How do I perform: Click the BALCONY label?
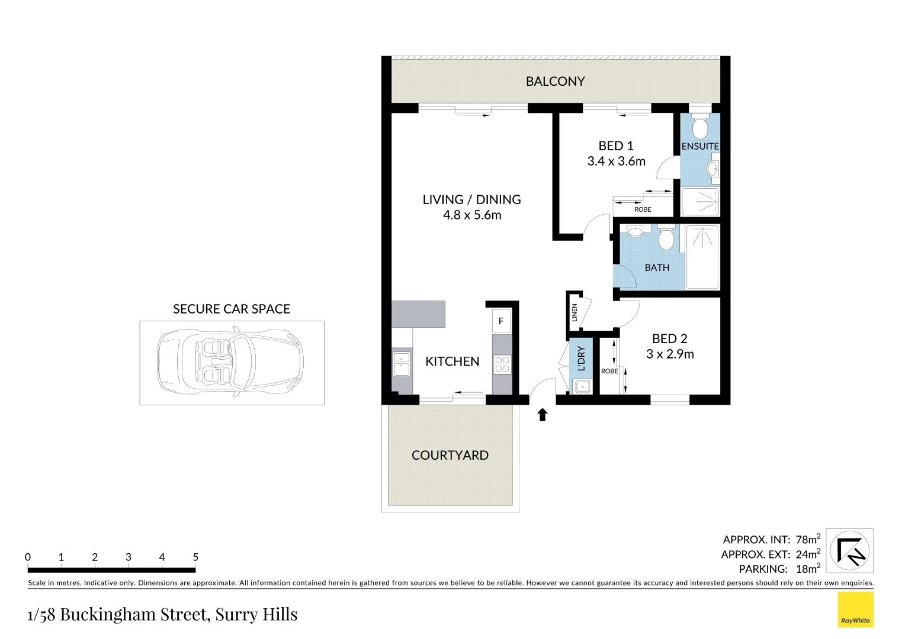555,82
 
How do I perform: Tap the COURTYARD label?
450,455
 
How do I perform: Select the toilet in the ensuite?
700,127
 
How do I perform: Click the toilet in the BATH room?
666,238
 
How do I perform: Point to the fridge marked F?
501,321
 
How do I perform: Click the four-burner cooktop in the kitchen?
502,364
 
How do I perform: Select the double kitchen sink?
402,363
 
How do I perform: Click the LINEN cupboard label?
575,312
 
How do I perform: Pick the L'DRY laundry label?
581,359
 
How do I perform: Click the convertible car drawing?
230,362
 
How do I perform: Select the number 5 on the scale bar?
195,557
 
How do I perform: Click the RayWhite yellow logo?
855,609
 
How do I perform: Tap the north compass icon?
849,550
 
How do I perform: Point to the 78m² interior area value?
808,539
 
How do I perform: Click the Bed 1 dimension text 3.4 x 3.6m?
616,162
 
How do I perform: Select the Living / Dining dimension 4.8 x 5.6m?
472,215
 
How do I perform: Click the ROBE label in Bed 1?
643,209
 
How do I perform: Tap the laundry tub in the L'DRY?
582,386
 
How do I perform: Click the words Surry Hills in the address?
256,614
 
